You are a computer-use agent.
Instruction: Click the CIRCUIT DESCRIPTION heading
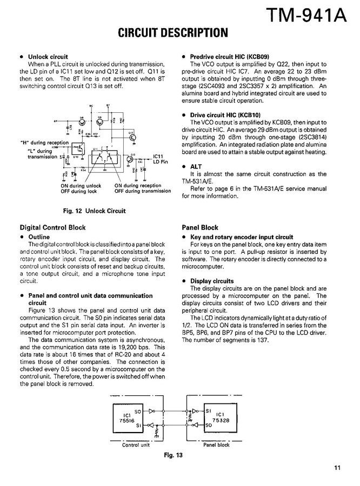pos(173,33)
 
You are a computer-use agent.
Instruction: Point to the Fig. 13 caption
pos(173,455)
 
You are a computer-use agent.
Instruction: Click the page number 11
pos(337,468)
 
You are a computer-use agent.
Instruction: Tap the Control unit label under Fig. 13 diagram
pos(136,445)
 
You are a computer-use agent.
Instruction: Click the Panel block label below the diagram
pos(216,445)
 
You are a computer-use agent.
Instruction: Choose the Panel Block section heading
pos(200,228)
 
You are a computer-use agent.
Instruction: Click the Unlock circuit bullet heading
pos(48,57)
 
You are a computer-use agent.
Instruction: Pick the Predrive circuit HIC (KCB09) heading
pos(233,57)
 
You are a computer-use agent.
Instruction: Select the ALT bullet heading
pos(196,167)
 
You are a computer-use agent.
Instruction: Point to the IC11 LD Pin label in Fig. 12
pos(161,159)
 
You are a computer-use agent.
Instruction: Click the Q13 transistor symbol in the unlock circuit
pos(132,137)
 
